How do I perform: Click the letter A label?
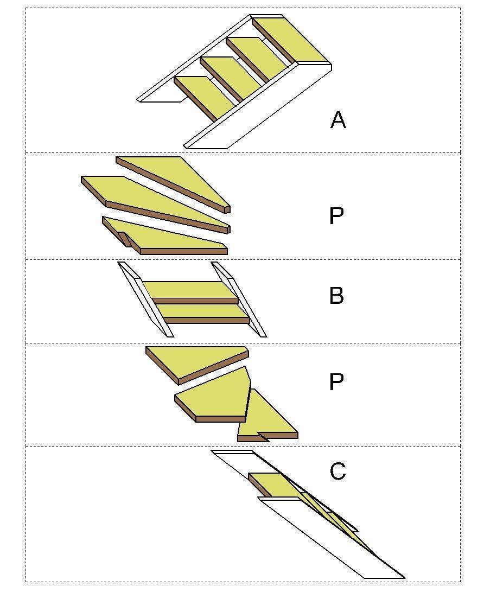[x=338, y=120]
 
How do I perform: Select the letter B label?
[x=336, y=296]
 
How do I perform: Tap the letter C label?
[x=337, y=471]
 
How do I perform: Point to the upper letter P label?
[x=336, y=216]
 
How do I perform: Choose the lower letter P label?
[x=336, y=383]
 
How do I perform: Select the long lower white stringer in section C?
[x=331, y=537]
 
